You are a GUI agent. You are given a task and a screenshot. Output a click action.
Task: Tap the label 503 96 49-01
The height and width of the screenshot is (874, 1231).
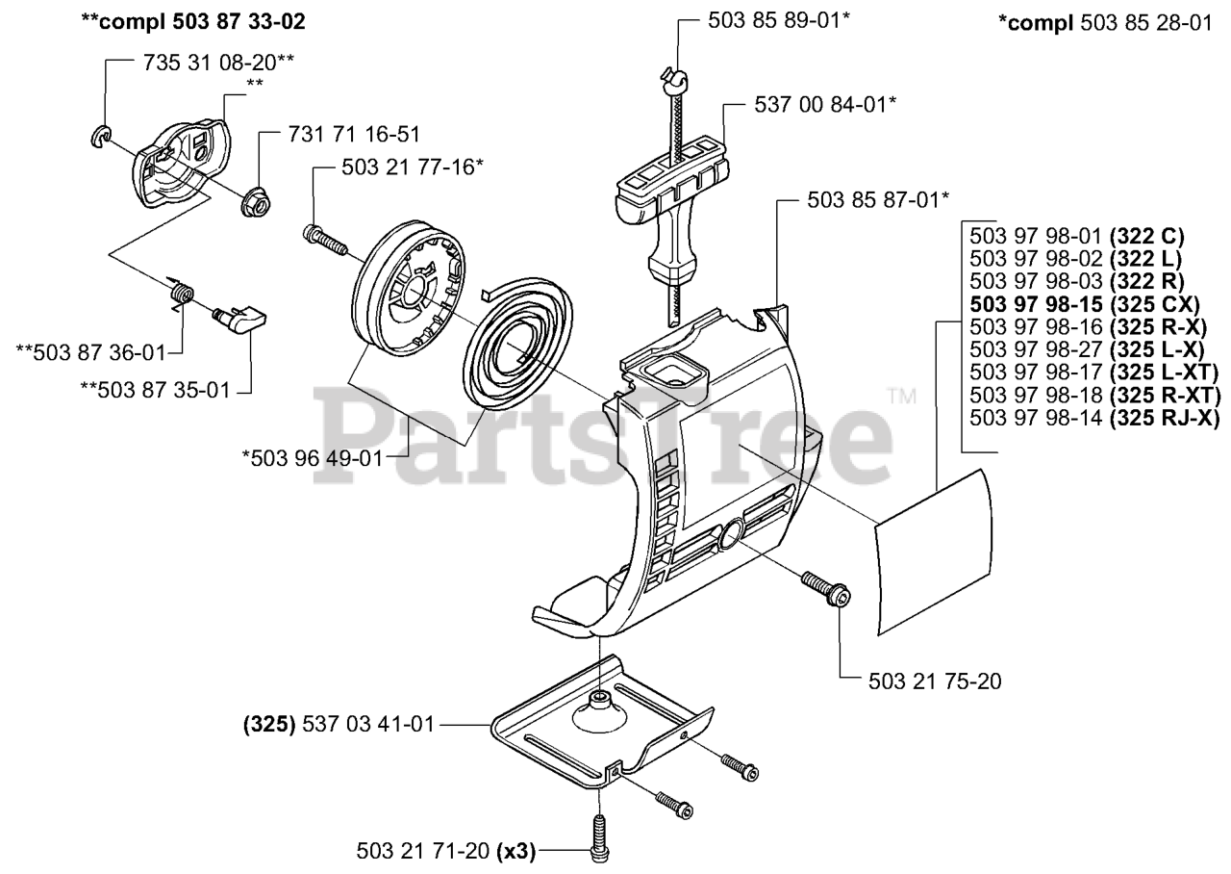pyautogui.click(x=317, y=457)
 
